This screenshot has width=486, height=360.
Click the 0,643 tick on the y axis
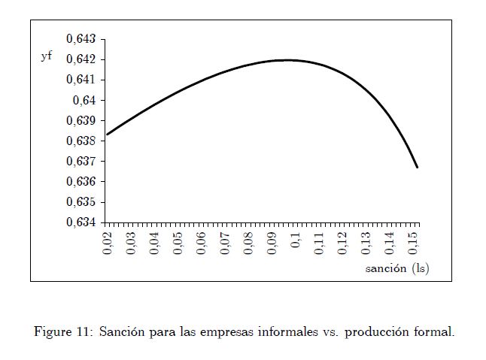pos(81,39)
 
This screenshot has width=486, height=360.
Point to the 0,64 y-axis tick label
pos(86,100)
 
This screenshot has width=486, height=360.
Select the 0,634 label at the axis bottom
pos(81,222)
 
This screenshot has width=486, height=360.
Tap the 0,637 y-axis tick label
pos(81,162)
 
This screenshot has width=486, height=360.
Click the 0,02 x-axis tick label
pos(108,244)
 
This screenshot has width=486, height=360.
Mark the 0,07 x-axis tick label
pos(225,244)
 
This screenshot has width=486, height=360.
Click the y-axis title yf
pos(47,57)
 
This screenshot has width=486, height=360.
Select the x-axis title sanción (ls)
pos(397,268)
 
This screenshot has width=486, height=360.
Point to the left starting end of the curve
pos(107,135)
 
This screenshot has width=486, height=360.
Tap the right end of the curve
pos(417,168)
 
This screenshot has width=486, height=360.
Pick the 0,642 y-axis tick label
pos(81,59)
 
